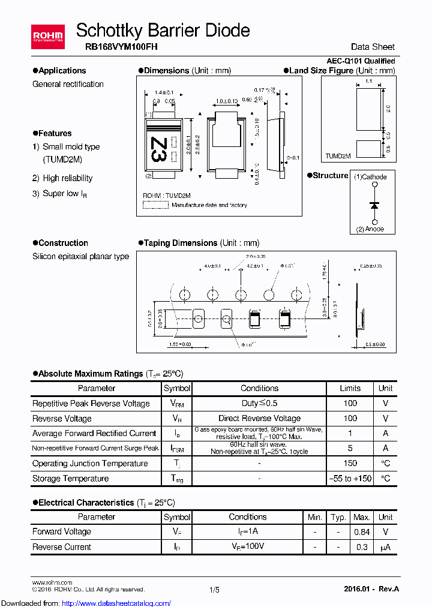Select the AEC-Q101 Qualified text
coord(361,61)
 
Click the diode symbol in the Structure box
coord(374,205)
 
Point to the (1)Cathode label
coord(370,177)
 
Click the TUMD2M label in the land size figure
coord(338,155)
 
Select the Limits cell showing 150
coord(350,463)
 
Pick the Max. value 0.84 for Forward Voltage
coord(361,531)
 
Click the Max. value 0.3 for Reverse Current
coord(361,547)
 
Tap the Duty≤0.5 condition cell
coord(259,404)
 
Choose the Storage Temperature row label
coord(71,479)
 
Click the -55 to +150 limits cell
coord(350,479)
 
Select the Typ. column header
coord(338,517)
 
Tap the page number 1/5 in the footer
coord(215,590)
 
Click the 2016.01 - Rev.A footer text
coord(371,590)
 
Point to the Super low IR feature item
coord(65,194)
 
